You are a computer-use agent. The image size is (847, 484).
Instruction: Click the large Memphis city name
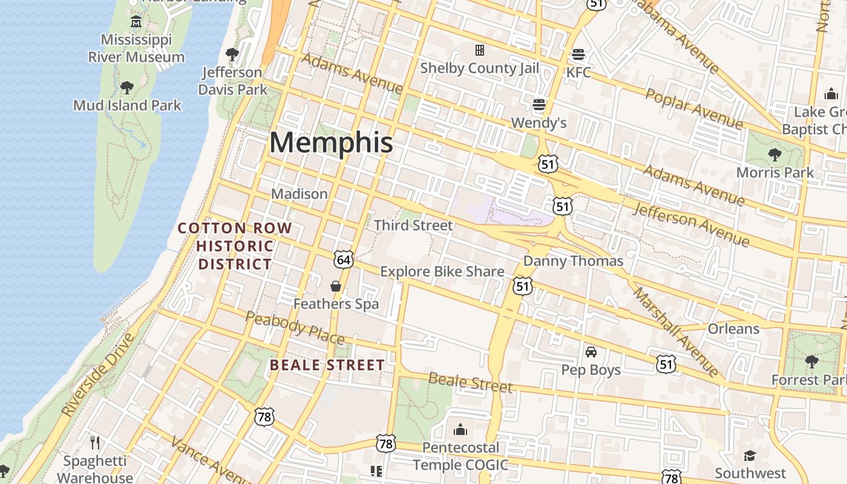point(331,143)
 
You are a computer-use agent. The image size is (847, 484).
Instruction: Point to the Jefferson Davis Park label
point(232,80)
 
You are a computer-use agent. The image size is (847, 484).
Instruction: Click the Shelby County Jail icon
point(480,50)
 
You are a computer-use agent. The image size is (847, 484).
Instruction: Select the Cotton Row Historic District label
point(235,246)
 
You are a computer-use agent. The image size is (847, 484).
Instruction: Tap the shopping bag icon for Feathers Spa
point(336,286)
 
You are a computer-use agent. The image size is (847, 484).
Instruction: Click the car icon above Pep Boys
point(591,352)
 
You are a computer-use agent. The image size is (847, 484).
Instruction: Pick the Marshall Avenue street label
point(675,330)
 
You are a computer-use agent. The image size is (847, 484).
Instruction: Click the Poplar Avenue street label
point(694,108)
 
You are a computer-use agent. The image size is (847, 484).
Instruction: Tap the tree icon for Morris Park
point(775,155)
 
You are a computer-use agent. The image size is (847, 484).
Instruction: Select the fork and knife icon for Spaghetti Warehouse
point(95,443)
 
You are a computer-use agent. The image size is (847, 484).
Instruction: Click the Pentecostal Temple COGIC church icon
point(460,430)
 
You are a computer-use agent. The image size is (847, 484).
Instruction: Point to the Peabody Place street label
point(295,327)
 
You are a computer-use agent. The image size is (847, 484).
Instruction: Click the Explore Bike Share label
point(442,272)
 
